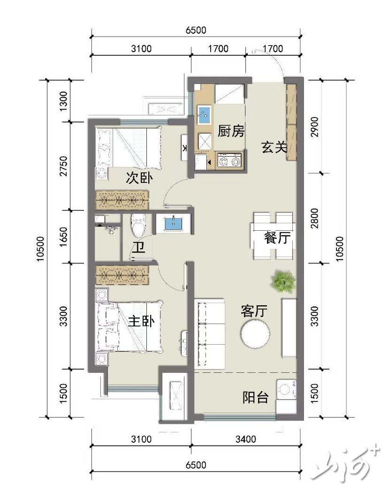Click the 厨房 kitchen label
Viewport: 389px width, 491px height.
(231, 131)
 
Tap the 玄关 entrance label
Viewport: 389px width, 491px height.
(275, 147)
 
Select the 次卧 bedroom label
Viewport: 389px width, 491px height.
(139, 178)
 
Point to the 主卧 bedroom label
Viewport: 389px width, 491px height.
(141, 321)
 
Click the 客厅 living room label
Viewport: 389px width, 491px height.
(254, 311)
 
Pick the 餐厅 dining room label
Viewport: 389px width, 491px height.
(277, 238)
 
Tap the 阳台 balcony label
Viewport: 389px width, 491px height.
(255, 397)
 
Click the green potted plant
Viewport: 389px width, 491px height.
(284, 281)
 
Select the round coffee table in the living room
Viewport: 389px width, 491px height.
(255, 333)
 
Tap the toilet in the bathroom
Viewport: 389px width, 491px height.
(138, 225)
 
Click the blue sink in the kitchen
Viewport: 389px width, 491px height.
(204, 115)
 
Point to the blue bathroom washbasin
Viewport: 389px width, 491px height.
(173, 223)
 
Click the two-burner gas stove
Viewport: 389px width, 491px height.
(229, 161)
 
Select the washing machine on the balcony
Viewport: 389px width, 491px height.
(287, 390)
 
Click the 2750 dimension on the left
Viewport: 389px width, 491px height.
(63, 166)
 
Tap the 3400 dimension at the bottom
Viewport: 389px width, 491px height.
(245, 439)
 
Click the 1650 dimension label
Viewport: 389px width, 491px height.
(63, 237)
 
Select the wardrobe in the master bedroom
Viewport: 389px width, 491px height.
(122, 275)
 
